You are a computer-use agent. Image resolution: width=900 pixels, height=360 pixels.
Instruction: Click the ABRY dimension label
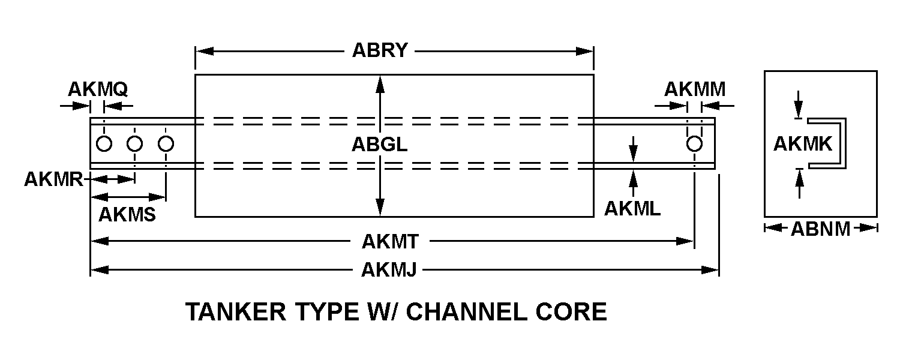click(x=380, y=50)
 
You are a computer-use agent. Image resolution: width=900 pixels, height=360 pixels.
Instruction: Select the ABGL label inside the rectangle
click(x=379, y=145)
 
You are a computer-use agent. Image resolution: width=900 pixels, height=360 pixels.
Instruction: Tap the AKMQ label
click(x=97, y=89)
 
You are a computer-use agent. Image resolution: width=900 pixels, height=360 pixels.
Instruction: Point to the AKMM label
click(x=694, y=89)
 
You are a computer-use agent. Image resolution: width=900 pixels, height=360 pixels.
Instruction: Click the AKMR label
click(x=53, y=179)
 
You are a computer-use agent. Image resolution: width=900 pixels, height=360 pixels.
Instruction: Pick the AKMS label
click(x=127, y=214)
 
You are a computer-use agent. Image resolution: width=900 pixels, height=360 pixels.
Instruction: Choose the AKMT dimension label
click(x=390, y=241)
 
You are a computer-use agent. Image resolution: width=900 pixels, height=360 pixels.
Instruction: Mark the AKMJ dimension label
click(x=389, y=270)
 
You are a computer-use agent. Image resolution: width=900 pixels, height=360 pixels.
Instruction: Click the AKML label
click(x=632, y=208)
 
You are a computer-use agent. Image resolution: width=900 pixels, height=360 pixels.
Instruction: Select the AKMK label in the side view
click(x=802, y=144)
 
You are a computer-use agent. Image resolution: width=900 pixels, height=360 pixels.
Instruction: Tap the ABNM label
click(x=820, y=228)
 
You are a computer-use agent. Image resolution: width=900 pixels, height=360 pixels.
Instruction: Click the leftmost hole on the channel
click(x=104, y=144)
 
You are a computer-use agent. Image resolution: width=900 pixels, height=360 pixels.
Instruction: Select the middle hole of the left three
click(x=135, y=144)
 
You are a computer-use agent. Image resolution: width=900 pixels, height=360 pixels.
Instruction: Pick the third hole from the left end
click(x=166, y=144)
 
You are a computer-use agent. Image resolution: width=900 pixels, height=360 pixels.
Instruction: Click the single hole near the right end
click(x=694, y=144)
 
